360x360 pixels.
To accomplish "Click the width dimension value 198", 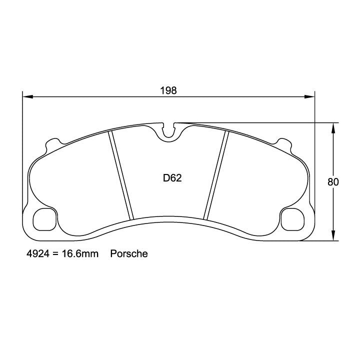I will click(168, 90).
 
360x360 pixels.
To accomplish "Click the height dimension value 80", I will click(333, 182).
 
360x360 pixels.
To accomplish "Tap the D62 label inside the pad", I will click(171, 178).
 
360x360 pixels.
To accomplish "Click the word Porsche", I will click(129, 254).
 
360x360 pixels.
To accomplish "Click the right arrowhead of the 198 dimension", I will click(311, 96).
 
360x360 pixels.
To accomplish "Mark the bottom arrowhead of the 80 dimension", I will click(332, 238).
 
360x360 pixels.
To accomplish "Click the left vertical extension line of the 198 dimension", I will click(22, 150).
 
